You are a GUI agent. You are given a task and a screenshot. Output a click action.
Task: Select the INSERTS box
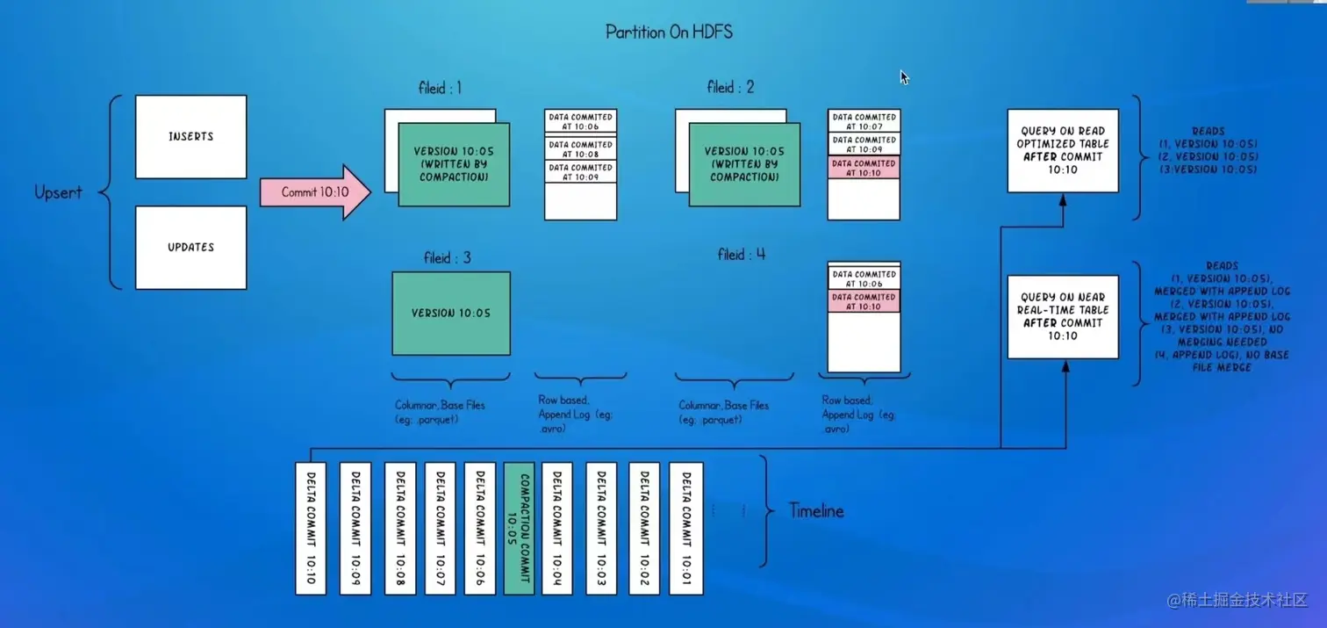pos(190,137)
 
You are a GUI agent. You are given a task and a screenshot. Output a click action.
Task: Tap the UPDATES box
pos(190,248)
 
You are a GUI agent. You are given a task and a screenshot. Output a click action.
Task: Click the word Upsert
pos(58,192)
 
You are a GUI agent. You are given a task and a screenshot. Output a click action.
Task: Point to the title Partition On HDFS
pos(669,32)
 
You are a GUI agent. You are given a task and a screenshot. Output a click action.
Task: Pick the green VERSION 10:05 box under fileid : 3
pos(451,313)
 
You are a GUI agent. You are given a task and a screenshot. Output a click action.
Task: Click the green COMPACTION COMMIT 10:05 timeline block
pos(519,528)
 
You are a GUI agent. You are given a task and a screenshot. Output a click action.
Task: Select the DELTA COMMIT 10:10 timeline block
pos(311,528)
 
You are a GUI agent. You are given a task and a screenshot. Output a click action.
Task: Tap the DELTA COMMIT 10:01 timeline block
pos(685,528)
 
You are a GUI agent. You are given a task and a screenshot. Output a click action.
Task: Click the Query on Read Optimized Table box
pos(1063,150)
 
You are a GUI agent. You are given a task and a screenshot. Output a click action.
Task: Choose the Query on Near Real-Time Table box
pos(1063,316)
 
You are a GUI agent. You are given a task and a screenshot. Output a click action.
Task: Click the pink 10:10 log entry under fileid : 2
pos(864,168)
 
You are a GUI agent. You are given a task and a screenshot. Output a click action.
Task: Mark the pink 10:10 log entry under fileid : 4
pos(864,301)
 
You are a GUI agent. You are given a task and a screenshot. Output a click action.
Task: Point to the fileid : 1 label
pos(440,88)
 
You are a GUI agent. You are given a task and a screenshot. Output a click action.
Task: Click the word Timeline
pos(815,510)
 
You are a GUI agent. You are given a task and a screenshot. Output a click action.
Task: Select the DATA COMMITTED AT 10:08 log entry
pos(580,148)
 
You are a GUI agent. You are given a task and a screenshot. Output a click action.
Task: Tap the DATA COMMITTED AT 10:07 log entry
pos(864,120)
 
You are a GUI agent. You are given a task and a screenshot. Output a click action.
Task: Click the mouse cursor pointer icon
pos(904,77)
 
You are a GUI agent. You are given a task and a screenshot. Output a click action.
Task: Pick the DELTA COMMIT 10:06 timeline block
pos(479,528)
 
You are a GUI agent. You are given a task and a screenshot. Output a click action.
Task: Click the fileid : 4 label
pos(742,255)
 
